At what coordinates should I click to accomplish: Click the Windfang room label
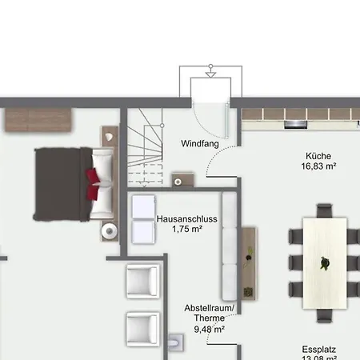pyautogui.click(x=200, y=143)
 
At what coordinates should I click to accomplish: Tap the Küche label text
pyautogui.click(x=318, y=156)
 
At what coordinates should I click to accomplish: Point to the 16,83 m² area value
pyautogui.click(x=318, y=166)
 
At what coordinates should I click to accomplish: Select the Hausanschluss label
pyautogui.click(x=187, y=219)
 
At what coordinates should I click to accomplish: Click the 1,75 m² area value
pyautogui.click(x=187, y=229)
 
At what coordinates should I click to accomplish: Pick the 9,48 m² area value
pyautogui.click(x=210, y=330)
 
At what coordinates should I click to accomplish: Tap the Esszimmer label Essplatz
pyautogui.click(x=319, y=350)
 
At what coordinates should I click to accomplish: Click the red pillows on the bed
pyautogui.click(x=93, y=184)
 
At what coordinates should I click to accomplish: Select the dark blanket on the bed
pyautogui.click(x=62, y=184)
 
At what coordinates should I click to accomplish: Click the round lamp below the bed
pyautogui.click(x=110, y=231)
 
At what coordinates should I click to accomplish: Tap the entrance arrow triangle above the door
pyautogui.click(x=210, y=75)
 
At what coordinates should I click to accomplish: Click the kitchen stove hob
pyautogui.click(x=295, y=124)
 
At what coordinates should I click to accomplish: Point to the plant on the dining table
pyautogui.click(x=325, y=263)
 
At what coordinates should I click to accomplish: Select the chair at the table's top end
pyautogui.click(x=324, y=211)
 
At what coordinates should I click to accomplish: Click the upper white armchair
pyautogui.click(x=143, y=281)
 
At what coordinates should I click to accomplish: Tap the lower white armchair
pyautogui.click(x=143, y=330)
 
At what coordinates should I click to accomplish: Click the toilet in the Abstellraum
pyautogui.click(x=176, y=342)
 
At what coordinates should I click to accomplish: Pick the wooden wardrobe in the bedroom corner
pyautogui.click(x=38, y=120)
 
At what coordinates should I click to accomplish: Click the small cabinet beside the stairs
pyautogui.click(x=182, y=180)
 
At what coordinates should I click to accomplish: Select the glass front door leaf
pyautogui.click(x=227, y=120)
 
